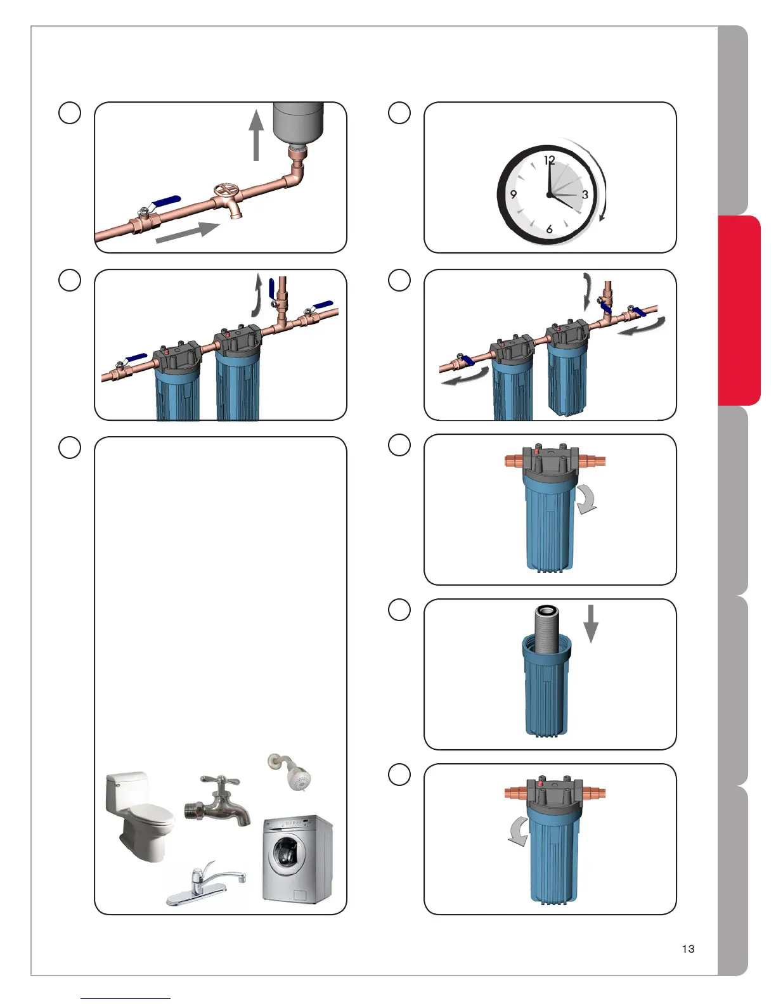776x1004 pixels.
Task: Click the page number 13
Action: tap(688, 949)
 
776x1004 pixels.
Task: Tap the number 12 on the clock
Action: tap(549, 160)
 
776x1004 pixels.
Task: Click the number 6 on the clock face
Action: tap(549, 229)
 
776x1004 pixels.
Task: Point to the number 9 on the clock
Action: tap(513, 195)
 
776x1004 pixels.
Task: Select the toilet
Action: tap(139, 816)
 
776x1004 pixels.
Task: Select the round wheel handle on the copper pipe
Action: tap(226, 190)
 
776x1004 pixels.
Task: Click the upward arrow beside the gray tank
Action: tap(256, 135)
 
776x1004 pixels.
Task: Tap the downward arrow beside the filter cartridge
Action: tap(591, 624)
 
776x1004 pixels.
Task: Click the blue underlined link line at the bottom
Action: tap(126, 999)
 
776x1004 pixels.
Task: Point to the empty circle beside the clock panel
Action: tap(399, 113)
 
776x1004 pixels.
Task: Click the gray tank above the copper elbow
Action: tap(299, 122)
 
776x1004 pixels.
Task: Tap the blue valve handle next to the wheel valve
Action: tap(165, 202)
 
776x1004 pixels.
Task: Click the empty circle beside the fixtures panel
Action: tap(70, 447)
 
